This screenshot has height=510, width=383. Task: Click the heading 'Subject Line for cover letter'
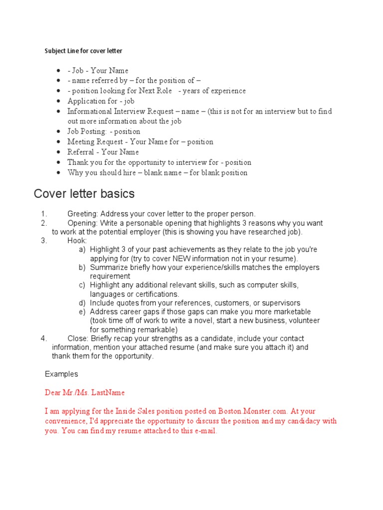(x=83, y=51)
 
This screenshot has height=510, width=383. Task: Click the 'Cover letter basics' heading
(x=84, y=193)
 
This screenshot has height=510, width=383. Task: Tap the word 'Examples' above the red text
(x=61, y=374)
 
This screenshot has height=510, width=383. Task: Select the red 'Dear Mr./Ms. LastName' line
(x=85, y=392)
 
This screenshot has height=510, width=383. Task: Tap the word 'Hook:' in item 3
(x=77, y=241)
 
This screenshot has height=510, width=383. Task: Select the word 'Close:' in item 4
(x=78, y=338)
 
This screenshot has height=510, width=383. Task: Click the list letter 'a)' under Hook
(x=82, y=250)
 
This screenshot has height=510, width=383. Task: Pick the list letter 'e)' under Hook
(x=82, y=312)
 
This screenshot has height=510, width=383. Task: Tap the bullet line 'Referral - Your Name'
(x=103, y=152)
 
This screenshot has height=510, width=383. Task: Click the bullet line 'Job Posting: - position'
(x=104, y=131)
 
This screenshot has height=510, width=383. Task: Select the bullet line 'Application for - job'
(x=101, y=101)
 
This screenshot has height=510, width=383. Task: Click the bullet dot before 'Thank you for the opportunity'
(x=59, y=162)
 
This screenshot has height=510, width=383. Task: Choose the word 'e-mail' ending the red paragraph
(x=205, y=431)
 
